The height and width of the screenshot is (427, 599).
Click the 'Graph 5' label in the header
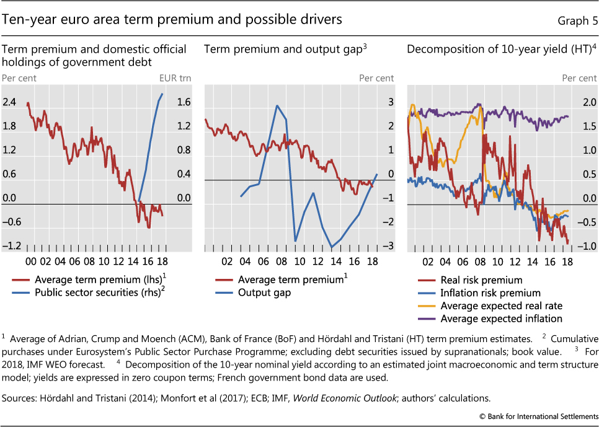click(577, 20)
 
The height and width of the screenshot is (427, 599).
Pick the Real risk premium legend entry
click(481, 280)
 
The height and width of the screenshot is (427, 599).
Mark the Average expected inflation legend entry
click(501, 319)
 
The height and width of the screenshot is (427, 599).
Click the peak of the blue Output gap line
click(277, 105)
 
